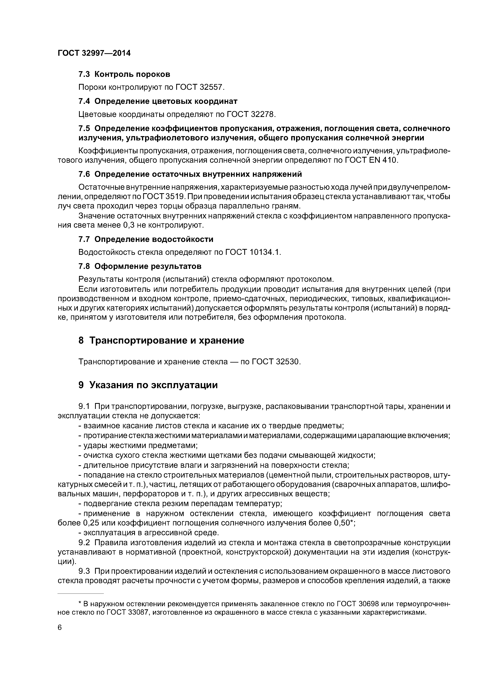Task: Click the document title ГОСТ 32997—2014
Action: point(94,53)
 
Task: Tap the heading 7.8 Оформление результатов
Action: point(140,266)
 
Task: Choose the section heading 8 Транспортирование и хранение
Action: point(161,341)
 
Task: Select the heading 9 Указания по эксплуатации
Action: point(148,385)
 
